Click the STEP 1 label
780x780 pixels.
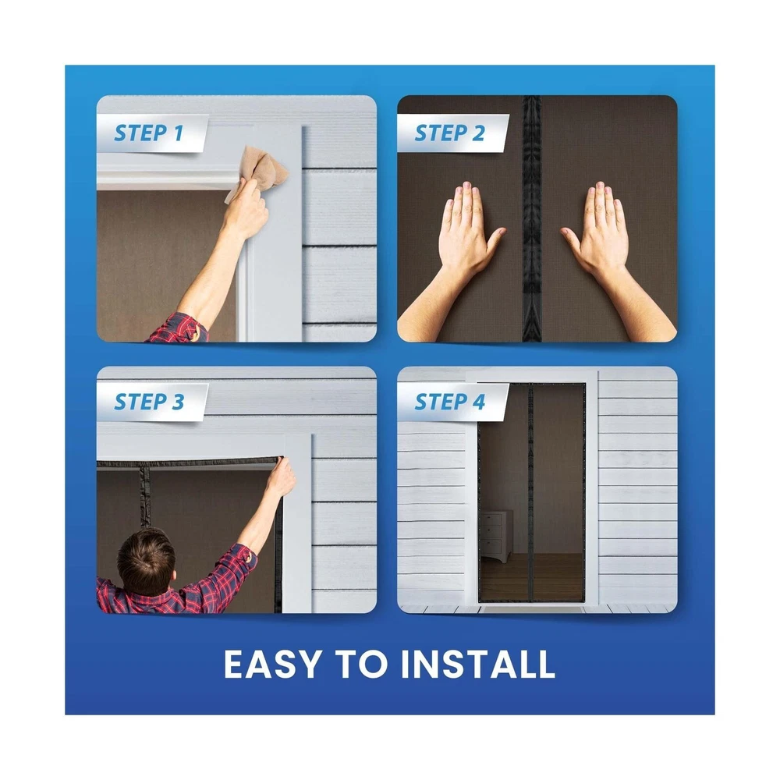[x=149, y=133]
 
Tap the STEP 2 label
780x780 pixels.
[x=450, y=133]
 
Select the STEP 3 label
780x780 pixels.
[x=149, y=402]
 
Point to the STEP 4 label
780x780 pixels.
[x=450, y=402]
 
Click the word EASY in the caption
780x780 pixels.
[x=272, y=664]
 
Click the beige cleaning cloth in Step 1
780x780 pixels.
[x=260, y=171]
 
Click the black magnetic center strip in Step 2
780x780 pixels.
[x=531, y=219]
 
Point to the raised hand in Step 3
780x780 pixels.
[x=281, y=477]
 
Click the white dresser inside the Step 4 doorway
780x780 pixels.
[x=495, y=537]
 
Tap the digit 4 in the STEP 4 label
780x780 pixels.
[x=479, y=402]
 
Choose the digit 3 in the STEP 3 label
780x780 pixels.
[x=178, y=402]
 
